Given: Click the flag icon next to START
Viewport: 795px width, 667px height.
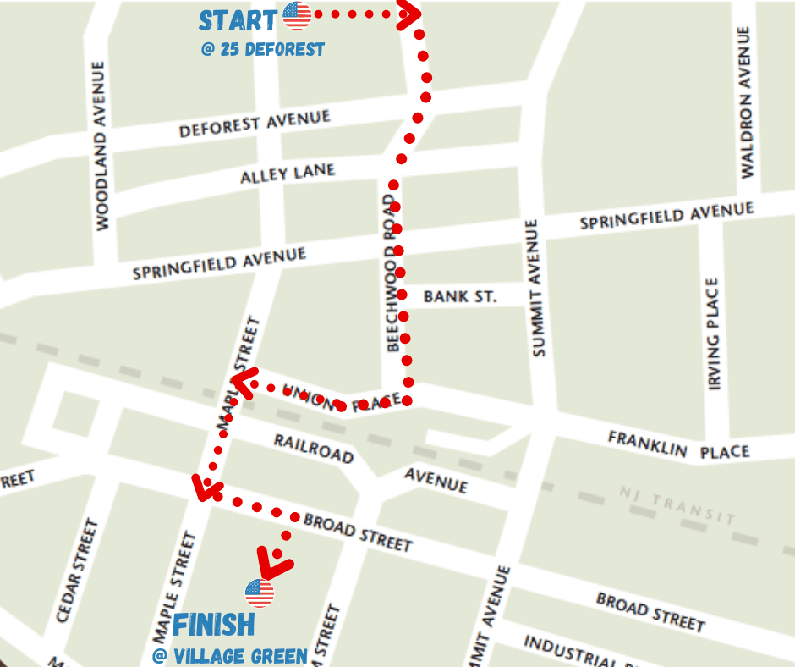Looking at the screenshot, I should (298, 15).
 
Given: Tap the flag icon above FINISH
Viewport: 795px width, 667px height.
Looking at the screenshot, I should (260, 593).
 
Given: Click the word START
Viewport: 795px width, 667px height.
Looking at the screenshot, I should (238, 20).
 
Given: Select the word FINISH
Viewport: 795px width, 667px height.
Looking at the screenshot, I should (213, 625).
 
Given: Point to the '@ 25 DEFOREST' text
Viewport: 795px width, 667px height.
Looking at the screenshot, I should (262, 49).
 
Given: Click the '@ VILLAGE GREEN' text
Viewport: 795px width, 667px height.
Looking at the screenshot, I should (229, 656).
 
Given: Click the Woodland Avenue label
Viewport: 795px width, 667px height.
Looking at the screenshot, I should (101, 146).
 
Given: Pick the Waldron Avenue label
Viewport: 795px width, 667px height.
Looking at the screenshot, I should (745, 102).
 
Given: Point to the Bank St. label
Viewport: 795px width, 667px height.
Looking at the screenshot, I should (460, 296).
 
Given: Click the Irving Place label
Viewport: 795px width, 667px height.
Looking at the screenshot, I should (715, 334).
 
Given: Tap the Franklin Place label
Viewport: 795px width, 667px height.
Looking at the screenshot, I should (678, 444).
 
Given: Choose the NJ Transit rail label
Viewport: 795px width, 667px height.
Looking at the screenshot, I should (677, 504).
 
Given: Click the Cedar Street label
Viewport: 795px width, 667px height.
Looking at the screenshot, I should (78, 571).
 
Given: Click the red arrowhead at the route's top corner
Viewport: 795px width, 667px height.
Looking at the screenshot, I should (411, 14).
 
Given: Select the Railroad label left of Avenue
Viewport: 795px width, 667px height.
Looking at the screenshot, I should (313, 449).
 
